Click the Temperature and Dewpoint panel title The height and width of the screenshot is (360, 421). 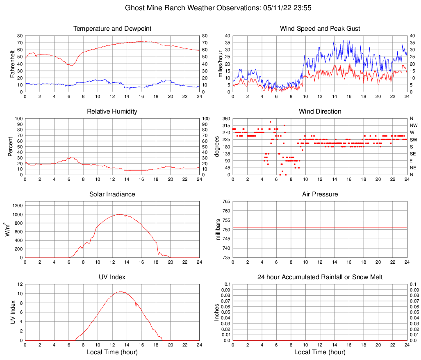(x=112, y=29)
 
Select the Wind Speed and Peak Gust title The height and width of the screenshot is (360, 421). (x=320, y=29)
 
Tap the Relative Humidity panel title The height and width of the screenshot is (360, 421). (x=112, y=112)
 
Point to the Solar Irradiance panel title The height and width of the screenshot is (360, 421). (x=112, y=194)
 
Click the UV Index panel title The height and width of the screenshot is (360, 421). (x=112, y=277)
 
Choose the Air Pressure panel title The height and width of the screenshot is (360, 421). (x=320, y=194)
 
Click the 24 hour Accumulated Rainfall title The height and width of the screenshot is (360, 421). (x=320, y=277)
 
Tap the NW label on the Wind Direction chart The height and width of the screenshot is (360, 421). (x=414, y=125)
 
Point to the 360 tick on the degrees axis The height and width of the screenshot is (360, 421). (x=225, y=118)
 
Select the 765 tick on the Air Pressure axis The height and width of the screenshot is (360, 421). (x=225, y=201)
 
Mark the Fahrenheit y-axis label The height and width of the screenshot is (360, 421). (x=12, y=64)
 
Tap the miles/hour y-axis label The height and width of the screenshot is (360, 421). (x=220, y=64)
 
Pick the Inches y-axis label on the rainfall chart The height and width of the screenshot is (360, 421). (x=217, y=312)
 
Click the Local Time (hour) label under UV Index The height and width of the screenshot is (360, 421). (x=112, y=352)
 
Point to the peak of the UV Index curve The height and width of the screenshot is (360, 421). (x=120, y=292)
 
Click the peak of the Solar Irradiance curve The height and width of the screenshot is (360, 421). (x=120, y=214)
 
